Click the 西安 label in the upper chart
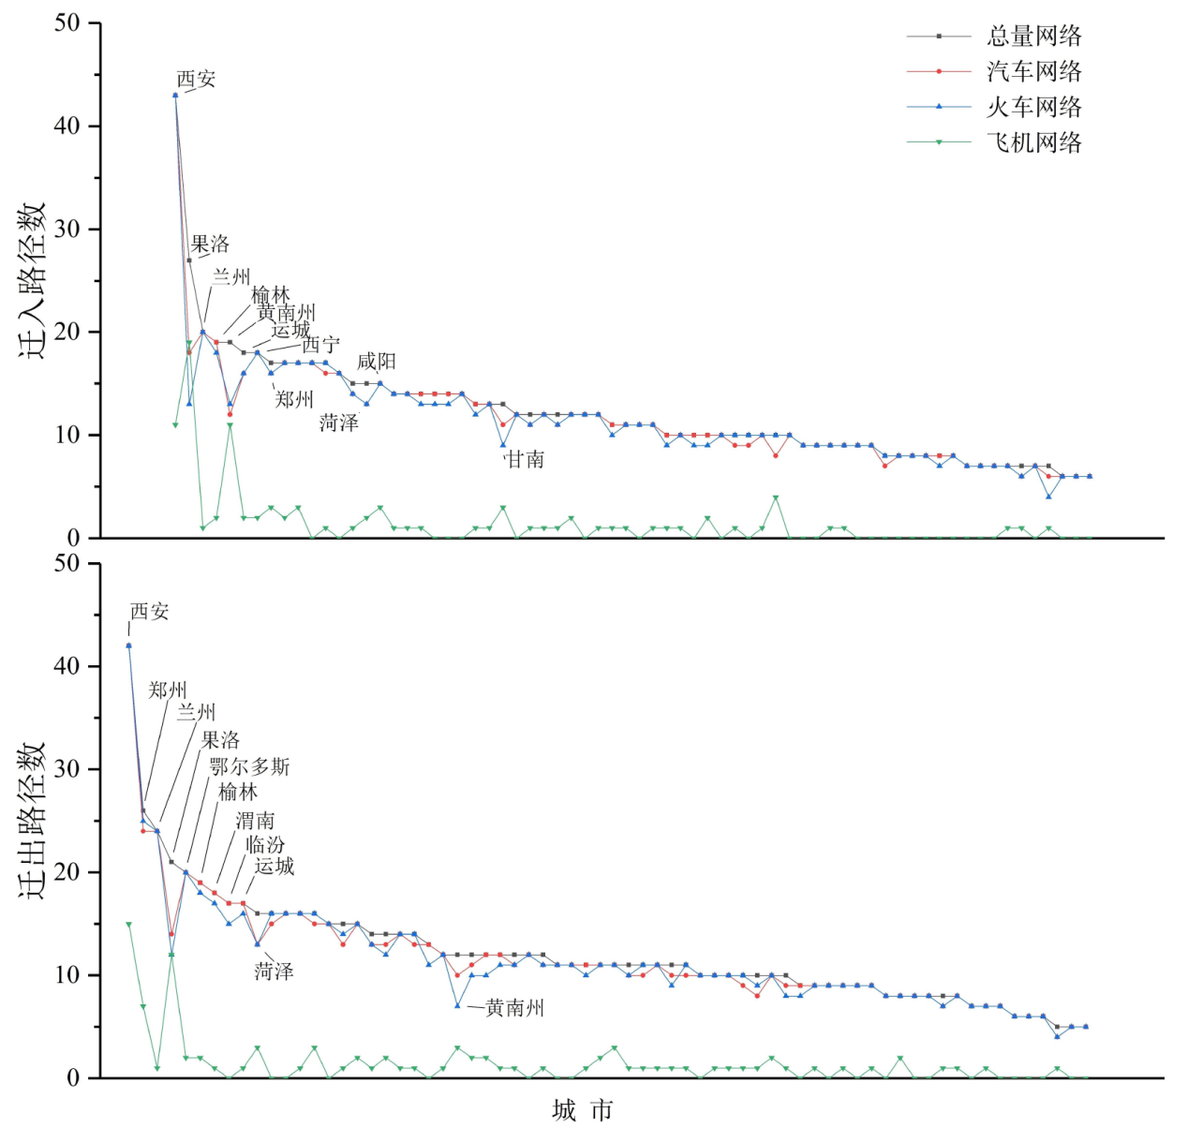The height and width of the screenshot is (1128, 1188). tap(196, 79)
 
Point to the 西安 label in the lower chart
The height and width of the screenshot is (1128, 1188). tap(149, 612)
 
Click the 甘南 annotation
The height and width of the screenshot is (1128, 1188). tap(525, 459)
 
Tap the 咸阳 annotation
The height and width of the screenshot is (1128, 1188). tap(377, 362)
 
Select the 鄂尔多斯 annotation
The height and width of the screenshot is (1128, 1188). tap(249, 767)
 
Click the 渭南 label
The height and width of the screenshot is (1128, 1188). tap(255, 821)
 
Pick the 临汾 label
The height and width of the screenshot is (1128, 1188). tap(265, 844)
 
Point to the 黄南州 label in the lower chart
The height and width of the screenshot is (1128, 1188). tap(514, 1008)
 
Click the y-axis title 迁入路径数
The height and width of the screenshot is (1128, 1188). tap(35, 280)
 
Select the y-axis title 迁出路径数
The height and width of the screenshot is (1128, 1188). tap(35, 821)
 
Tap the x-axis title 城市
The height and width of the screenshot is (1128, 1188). tap(582, 1111)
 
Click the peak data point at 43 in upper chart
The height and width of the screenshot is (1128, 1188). tap(175, 95)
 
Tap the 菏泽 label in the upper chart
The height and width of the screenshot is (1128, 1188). tap(338, 423)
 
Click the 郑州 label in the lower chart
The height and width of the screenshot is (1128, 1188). tap(168, 690)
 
